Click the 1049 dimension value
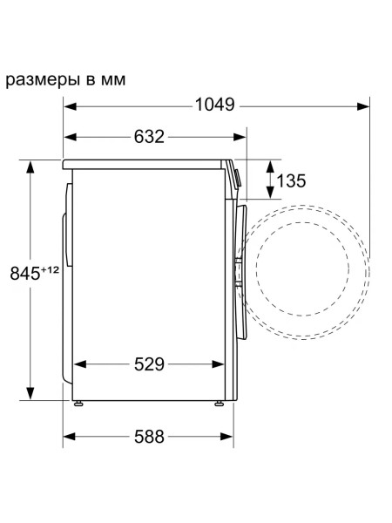(214, 105)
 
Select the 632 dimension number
(149, 137)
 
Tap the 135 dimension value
(291, 180)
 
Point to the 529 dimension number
(149, 363)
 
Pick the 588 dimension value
(149, 437)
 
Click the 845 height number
(24, 274)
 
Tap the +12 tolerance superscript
(50, 269)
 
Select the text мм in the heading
(113, 80)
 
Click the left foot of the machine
(78, 404)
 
